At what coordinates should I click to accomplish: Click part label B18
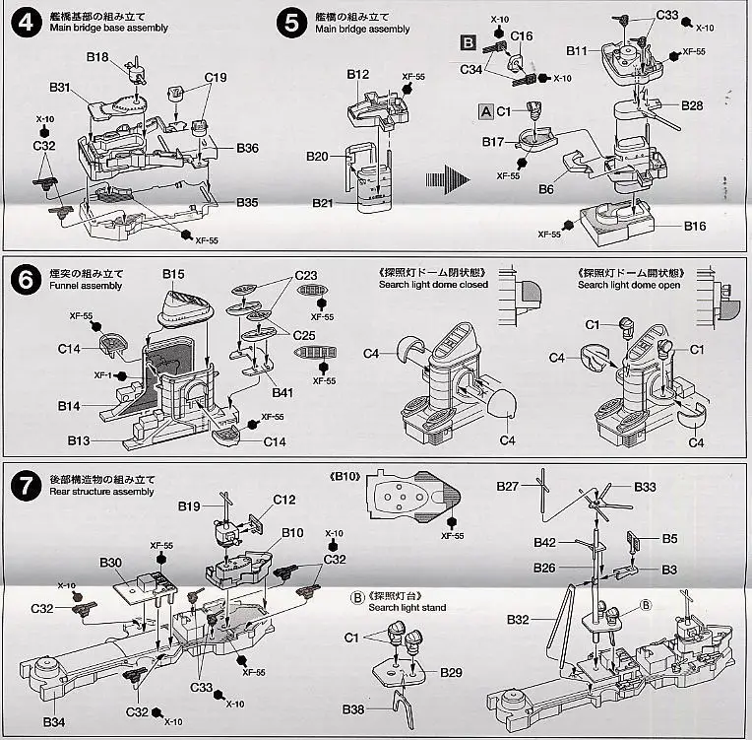(96, 57)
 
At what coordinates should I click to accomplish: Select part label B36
(247, 149)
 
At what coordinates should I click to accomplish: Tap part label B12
(357, 74)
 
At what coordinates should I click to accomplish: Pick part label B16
(695, 227)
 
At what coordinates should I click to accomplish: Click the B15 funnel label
(173, 274)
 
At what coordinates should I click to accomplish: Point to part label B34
(56, 722)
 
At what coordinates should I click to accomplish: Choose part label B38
(354, 709)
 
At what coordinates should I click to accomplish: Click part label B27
(507, 486)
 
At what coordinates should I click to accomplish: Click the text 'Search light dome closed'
(433, 285)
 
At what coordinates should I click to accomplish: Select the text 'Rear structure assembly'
(101, 491)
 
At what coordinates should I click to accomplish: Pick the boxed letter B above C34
(469, 42)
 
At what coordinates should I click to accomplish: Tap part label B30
(110, 563)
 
